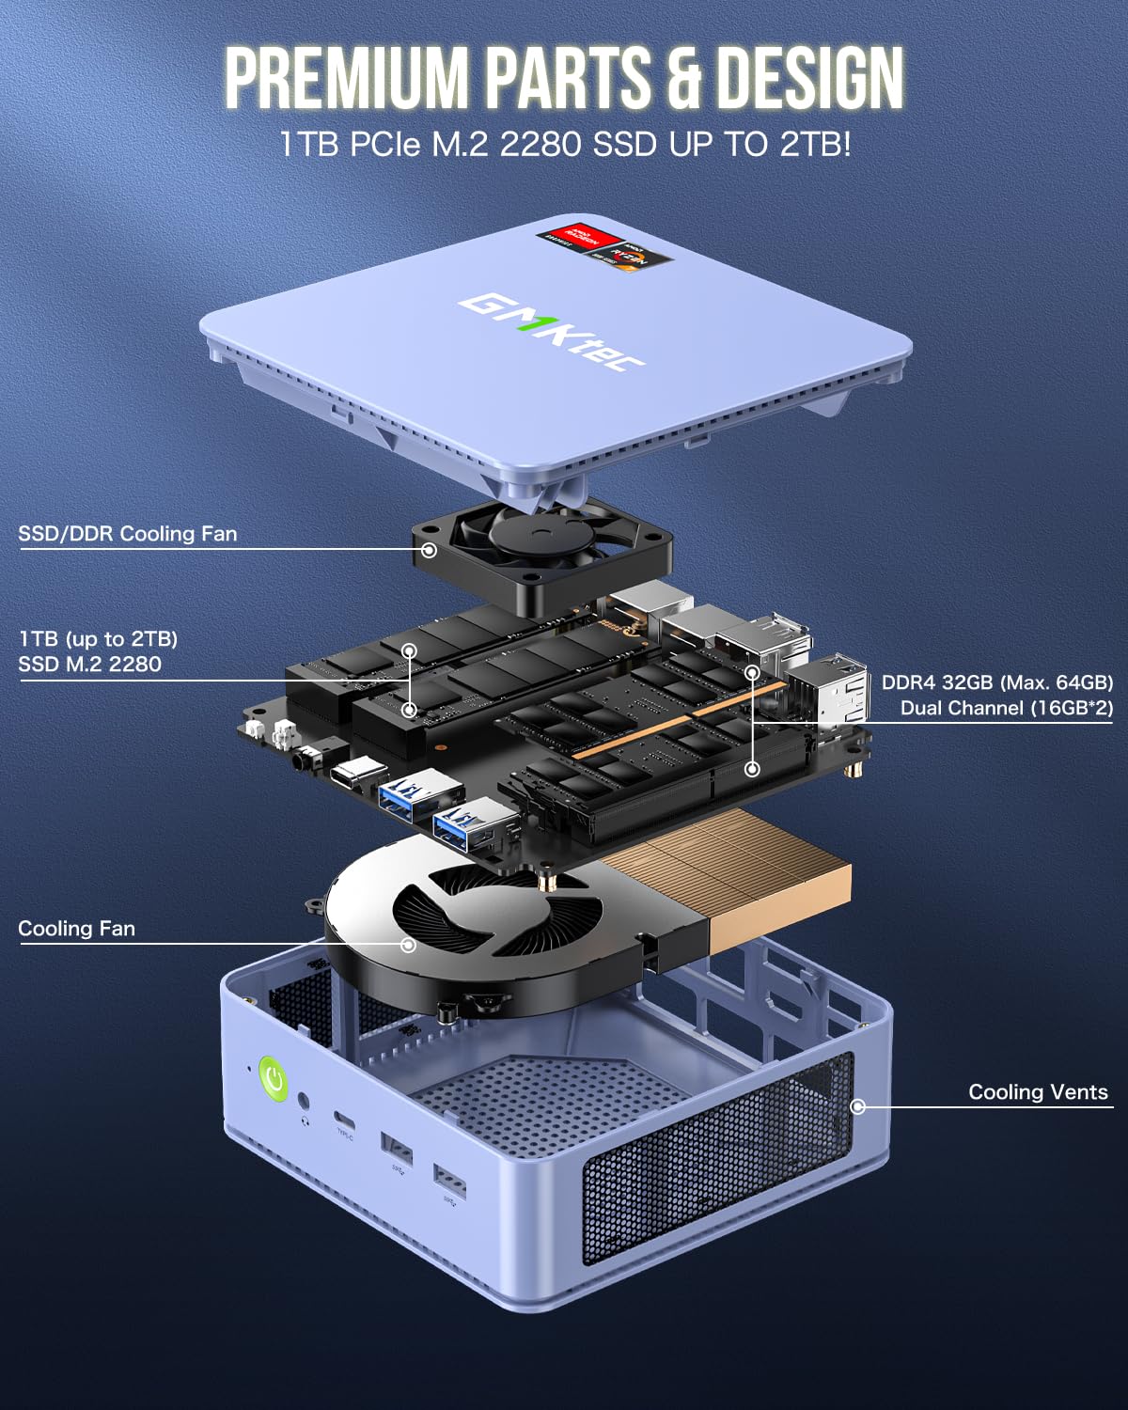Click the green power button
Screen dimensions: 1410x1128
click(x=273, y=1079)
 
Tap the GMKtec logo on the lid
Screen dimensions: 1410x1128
click(x=544, y=332)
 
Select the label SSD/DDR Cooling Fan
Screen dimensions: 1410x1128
click(x=128, y=534)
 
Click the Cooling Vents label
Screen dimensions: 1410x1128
click(x=1038, y=1092)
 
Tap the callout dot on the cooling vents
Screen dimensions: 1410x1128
click(x=857, y=1106)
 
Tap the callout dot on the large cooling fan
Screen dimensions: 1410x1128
click(x=408, y=944)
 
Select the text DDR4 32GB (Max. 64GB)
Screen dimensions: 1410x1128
click(x=996, y=682)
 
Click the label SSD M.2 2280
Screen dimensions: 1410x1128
click(x=90, y=665)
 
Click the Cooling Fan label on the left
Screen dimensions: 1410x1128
click(x=77, y=929)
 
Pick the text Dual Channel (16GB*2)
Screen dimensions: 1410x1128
click(x=1006, y=708)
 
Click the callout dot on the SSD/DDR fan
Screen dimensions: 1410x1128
click(x=429, y=549)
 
